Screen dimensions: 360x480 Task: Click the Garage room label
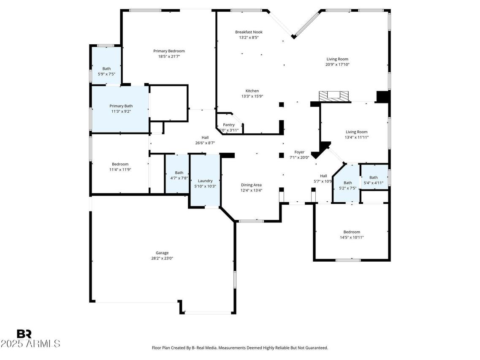[162, 253]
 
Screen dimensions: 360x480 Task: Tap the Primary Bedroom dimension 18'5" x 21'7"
[168, 57]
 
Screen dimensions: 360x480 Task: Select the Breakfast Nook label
[249, 32]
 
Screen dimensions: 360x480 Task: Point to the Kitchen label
[252, 91]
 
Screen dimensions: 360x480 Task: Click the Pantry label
[228, 125]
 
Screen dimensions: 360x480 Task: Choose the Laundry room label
[205, 181]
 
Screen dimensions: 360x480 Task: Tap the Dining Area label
[251, 185]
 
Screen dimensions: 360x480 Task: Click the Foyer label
[299, 152]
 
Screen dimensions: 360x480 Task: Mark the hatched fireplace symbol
[334, 96]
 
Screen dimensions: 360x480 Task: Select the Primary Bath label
[121, 106]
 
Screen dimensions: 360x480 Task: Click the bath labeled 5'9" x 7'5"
[106, 74]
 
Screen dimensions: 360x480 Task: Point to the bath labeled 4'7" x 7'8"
[179, 178]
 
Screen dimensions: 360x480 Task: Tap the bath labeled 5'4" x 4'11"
[373, 183]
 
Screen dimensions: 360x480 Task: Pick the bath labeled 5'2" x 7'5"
[347, 188]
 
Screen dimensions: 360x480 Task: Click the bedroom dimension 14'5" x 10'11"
[351, 238]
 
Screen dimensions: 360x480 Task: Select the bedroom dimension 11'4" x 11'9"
[120, 170]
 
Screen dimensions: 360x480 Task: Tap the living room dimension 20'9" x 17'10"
[337, 65]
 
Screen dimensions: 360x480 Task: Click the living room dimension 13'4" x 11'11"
[356, 137]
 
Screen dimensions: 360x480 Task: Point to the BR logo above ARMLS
[24, 334]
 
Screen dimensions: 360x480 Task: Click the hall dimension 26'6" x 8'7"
[205, 143]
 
